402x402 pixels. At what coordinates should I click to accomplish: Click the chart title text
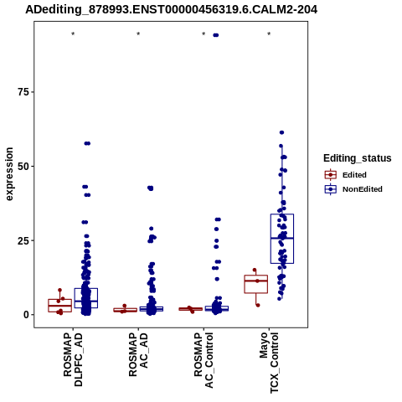pos(171,10)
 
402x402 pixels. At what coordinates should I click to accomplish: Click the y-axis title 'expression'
pos(9,174)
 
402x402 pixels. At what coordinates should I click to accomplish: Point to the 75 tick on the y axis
pos(23,92)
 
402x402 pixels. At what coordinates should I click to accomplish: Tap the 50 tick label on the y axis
pos(23,166)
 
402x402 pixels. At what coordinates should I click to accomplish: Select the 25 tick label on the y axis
pos(23,240)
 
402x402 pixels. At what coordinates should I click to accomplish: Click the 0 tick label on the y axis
pos(27,315)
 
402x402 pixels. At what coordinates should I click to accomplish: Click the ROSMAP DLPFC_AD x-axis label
pos(73,359)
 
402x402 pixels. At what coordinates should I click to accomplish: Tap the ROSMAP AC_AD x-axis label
pos(138,354)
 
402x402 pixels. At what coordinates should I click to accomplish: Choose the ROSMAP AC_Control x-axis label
pos(204,360)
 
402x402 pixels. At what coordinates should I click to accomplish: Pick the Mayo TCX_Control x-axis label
pos(269,363)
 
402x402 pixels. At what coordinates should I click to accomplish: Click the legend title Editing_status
pos(358,158)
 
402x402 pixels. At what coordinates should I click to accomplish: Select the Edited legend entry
pos(346,175)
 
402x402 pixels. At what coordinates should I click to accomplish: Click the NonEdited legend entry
pos(353,189)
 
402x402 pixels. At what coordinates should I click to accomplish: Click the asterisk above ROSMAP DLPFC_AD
pos(73,34)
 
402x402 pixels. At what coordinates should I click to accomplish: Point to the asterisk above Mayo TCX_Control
pos(269,34)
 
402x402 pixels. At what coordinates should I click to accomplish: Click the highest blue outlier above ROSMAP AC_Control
pos(216,35)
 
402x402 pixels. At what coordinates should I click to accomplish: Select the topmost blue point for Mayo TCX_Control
pos(281,132)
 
